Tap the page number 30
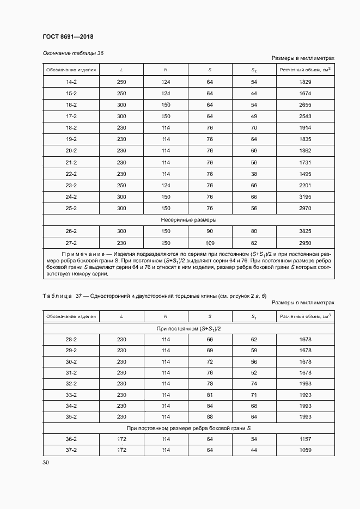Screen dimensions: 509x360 point(46,462)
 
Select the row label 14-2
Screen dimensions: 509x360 point(71,82)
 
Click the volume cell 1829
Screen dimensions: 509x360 point(305,82)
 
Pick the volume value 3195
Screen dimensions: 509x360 point(305,197)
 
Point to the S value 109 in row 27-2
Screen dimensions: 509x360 point(210,243)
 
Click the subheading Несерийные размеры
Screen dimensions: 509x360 point(188,220)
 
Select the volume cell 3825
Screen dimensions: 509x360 point(305,231)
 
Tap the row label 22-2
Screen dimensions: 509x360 point(71,174)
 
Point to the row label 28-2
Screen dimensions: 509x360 point(71,339)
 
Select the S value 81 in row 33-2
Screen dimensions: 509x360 point(210,395)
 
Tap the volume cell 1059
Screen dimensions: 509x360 point(305,450)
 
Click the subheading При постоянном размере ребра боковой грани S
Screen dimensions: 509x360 point(188,428)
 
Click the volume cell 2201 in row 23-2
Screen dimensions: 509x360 point(305,186)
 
